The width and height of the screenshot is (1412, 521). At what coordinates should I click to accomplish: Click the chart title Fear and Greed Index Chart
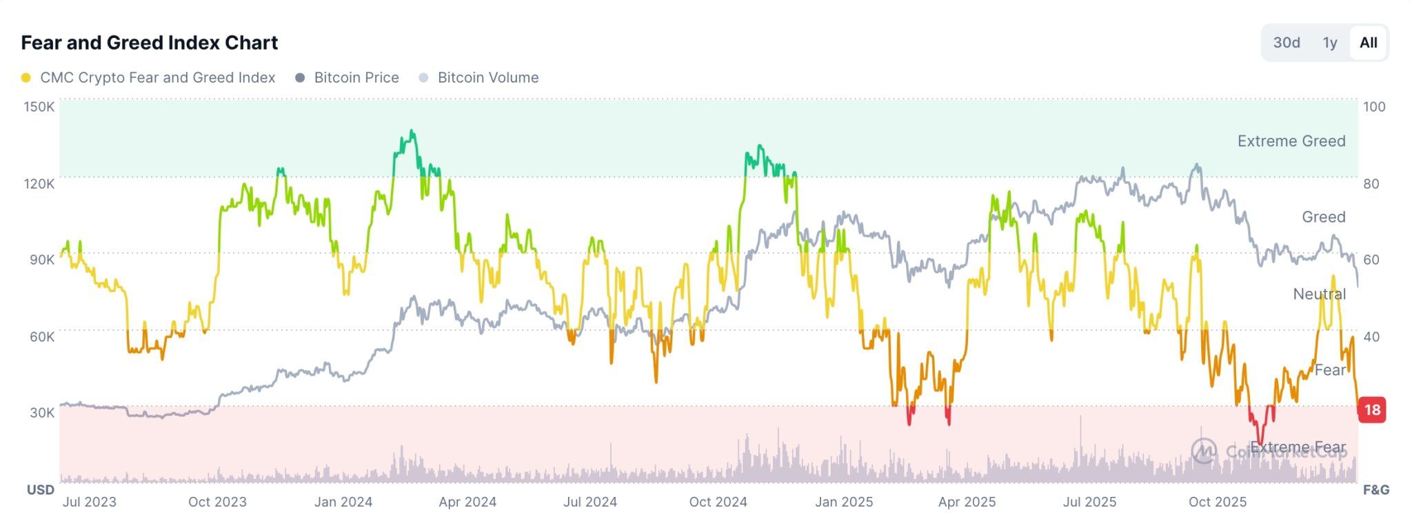tap(149, 43)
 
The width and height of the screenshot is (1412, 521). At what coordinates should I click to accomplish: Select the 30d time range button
tap(1286, 43)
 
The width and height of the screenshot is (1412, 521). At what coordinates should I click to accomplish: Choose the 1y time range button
tap(1330, 43)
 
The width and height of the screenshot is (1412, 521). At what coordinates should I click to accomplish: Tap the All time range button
tap(1368, 43)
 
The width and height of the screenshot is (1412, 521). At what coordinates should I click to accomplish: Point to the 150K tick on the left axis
tap(39, 107)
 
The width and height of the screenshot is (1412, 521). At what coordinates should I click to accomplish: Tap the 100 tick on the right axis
tap(1373, 107)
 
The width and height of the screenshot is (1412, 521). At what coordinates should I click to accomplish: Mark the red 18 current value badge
tap(1372, 410)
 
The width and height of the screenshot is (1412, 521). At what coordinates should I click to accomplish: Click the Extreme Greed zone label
tap(1291, 141)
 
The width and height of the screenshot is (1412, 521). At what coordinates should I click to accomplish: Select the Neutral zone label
tap(1319, 294)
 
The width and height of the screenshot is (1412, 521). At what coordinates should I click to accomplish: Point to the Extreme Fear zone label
tap(1298, 448)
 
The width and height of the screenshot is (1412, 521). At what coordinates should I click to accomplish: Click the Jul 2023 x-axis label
tap(90, 502)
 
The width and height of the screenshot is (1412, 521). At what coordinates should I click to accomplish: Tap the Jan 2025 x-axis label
tap(844, 502)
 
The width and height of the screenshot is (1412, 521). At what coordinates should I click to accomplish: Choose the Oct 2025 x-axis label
tap(1218, 502)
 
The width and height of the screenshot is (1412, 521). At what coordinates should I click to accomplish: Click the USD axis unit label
tap(40, 490)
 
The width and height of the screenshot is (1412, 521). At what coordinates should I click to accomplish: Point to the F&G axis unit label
tap(1375, 490)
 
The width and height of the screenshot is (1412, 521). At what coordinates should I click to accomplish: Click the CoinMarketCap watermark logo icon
tap(1204, 451)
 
